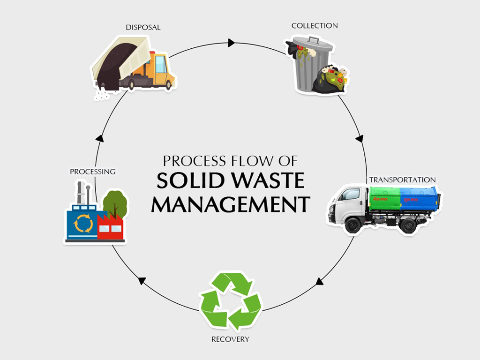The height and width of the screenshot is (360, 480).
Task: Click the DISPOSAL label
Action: tap(143, 28)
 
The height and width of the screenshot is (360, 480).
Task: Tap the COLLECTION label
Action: tap(315, 26)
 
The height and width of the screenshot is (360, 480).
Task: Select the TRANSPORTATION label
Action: tap(402, 180)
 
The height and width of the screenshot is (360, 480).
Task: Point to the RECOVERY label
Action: tap(230, 339)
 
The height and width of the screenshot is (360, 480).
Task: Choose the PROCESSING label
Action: tap(92, 172)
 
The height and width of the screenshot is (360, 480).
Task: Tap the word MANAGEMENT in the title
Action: tap(230, 205)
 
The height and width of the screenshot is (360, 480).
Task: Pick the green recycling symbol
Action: tap(230, 300)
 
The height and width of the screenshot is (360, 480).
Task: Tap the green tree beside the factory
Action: tap(114, 202)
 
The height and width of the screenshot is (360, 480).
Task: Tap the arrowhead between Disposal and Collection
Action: tap(231, 43)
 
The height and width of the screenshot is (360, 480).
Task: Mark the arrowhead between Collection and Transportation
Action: tap(360, 139)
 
